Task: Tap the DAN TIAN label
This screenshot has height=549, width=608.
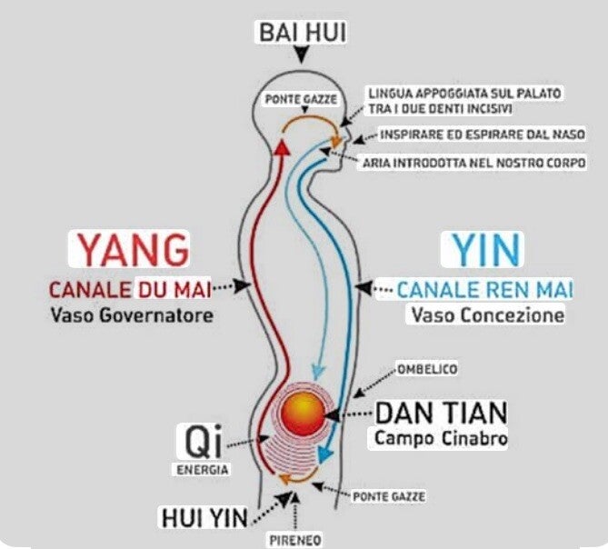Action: [442, 413]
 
